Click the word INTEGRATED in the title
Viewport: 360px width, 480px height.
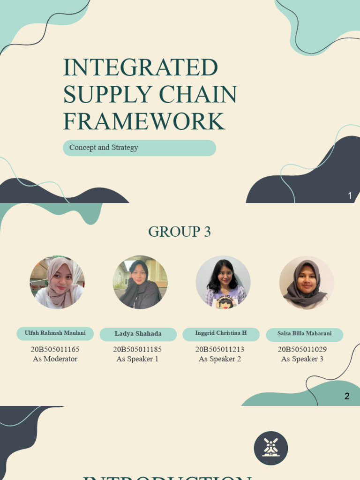click(x=141, y=67)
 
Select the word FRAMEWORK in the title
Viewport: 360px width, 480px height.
click(x=144, y=121)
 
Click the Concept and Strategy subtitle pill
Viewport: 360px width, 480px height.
click(x=139, y=148)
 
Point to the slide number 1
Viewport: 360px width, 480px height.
click(x=350, y=196)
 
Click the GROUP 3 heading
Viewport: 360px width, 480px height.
click(x=180, y=232)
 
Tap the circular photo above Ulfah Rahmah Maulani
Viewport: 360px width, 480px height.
click(x=57, y=282)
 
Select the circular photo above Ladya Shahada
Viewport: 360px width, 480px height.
click(x=140, y=282)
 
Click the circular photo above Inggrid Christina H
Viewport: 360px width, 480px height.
click(x=223, y=282)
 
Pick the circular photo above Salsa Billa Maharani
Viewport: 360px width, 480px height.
click(x=306, y=283)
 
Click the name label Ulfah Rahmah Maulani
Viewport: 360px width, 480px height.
click(x=55, y=333)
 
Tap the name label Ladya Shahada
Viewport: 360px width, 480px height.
click(x=138, y=334)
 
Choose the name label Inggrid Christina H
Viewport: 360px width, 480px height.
click(x=221, y=333)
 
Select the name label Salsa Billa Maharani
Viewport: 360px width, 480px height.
click(x=304, y=334)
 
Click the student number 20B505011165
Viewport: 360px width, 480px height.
click(x=55, y=349)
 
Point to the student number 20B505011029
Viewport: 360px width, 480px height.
click(x=302, y=349)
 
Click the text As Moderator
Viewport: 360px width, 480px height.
click(x=55, y=359)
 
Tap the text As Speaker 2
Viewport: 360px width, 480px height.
click(x=220, y=359)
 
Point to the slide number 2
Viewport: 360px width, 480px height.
click(x=347, y=396)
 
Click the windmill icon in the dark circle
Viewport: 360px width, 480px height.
click(x=271, y=448)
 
